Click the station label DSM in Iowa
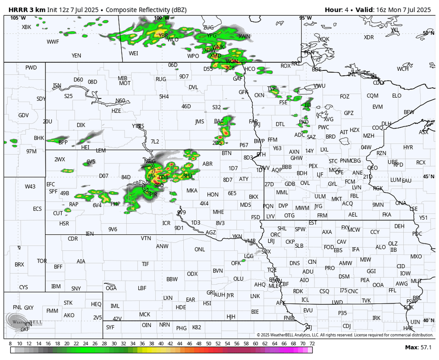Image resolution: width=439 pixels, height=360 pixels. click(x=344, y=277)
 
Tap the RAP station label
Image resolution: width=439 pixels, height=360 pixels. click(x=74, y=205)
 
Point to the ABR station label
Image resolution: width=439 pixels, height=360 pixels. click(x=207, y=164)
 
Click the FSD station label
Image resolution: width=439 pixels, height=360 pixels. click(x=255, y=217)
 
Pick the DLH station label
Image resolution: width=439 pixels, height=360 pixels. click(x=386, y=124)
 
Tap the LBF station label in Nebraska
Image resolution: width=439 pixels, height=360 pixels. click(x=142, y=288)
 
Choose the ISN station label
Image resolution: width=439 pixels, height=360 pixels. click(x=57, y=86)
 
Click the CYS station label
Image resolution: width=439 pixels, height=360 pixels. click(x=23, y=287)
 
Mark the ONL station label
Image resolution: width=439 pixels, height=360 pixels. click(x=199, y=249)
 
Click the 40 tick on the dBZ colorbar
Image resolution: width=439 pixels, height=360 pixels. click(x=161, y=344)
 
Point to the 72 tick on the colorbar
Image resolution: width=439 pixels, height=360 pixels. click(x=312, y=344)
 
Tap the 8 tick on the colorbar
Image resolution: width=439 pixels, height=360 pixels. click(x=10, y=344)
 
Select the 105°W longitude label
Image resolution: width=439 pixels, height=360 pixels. click(x=18, y=18)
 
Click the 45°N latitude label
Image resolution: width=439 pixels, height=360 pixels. click(x=428, y=177)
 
